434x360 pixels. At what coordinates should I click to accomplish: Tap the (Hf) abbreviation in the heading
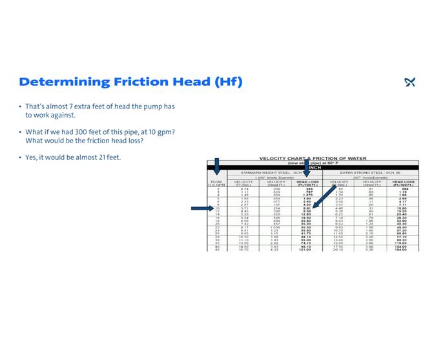pyautogui.click(x=228, y=82)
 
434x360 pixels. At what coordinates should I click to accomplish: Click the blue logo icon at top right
pyautogui.click(x=409, y=82)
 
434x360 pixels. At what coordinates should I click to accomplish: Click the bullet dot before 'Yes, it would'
pyautogui.click(x=20, y=157)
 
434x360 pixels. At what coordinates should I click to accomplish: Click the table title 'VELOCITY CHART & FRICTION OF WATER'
pyautogui.click(x=313, y=158)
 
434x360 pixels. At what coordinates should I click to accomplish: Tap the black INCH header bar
pyautogui.click(x=316, y=168)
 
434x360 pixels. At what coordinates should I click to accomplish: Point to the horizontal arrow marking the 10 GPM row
pyautogui.click(x=201, y=208)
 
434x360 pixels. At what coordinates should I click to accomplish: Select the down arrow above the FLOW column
pyautogui.click(x=217, y=166)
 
